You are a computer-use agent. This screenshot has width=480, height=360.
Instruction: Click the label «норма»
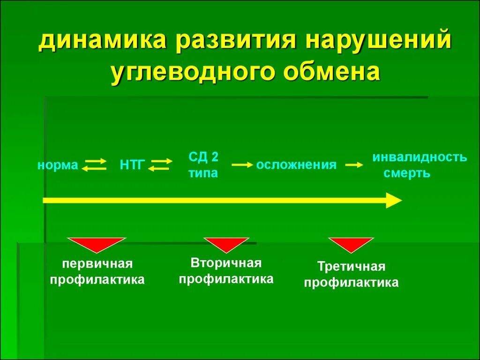[58, 165]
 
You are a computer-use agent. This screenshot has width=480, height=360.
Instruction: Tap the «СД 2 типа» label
[203, 165]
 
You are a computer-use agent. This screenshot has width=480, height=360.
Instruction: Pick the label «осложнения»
[296, 165]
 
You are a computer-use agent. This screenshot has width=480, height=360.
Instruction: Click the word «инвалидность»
[420, 157]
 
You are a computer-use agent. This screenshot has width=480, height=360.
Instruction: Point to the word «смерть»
[407, 173]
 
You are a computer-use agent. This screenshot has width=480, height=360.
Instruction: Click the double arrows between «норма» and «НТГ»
[94, 165]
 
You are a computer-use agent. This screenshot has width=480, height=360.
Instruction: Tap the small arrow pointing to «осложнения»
[242, 165]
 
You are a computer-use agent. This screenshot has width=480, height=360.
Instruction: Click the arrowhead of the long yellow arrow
[394, 200]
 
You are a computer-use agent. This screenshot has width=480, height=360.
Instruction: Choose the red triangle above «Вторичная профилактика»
[226, 245]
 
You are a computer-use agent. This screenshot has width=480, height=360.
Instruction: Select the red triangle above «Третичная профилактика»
[351, 245]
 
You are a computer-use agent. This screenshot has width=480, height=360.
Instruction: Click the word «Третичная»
[351, 267]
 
